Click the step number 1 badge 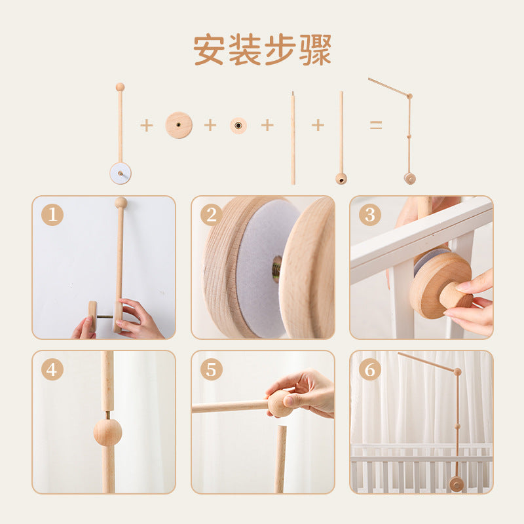pos(52,215)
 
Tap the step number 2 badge pos(211,215)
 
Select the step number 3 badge pos(370,215)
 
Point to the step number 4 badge pos(52,369)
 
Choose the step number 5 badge pos(211,369)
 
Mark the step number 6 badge pos(370,369)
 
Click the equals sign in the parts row pos(376,125)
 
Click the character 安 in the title pos(209,50)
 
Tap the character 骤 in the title pos(315,50)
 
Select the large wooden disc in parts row pos(179,125)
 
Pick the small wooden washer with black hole pos(238,126)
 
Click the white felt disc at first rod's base pos(121,173)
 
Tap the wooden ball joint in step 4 pos(107,432)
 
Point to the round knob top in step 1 pos(121,202)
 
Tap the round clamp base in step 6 pos(456,484)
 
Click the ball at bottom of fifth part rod pos(341,179)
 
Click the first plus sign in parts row pos(146,126)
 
